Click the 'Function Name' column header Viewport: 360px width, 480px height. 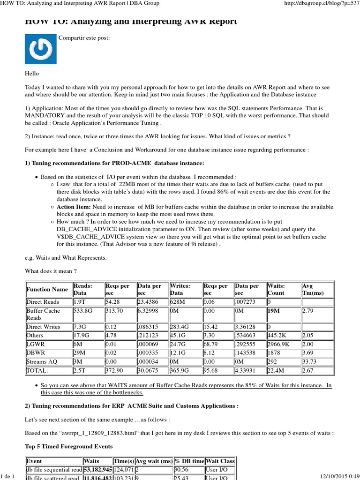coord(47,289)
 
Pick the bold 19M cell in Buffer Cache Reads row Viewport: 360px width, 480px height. coord(274,310)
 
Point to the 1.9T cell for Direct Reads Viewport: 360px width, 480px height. coord(80,302)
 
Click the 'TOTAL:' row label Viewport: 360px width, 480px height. coord(38,370)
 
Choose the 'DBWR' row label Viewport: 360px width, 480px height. coord(36,353)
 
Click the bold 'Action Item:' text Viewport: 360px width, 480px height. coord(74,207)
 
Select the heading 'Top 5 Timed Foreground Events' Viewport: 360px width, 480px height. coord(69,447)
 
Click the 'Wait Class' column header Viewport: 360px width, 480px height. coord(220,461)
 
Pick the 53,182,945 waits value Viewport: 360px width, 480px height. coord(98,469)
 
